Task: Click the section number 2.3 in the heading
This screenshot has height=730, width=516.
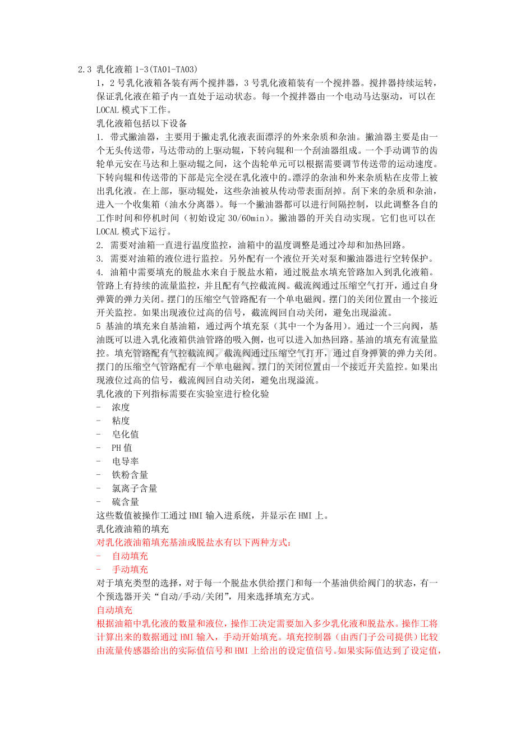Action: [x=84, y=70]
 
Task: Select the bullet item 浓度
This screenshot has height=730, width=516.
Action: [x=121, y=408]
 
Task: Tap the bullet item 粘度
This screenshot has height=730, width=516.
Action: [x=121, y=421]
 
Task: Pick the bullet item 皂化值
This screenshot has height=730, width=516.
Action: [x=125, y=435]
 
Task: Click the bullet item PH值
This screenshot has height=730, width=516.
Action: [x=122, y=448]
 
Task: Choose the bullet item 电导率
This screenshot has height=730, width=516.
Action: [x=125, y=461]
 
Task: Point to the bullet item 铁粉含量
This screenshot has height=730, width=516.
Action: [x=130, y=475]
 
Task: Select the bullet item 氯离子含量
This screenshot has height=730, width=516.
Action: [x=134, y=488]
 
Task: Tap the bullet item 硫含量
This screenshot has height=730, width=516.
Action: [x=125, y=502]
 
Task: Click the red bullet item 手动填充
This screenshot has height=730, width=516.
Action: [x=130, y=569]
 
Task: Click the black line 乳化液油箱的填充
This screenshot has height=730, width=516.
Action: [x=133, y=529]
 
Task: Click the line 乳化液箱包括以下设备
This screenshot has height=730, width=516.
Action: [x=141, y=123]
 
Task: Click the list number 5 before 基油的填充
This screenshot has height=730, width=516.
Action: [x=99, y=326]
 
